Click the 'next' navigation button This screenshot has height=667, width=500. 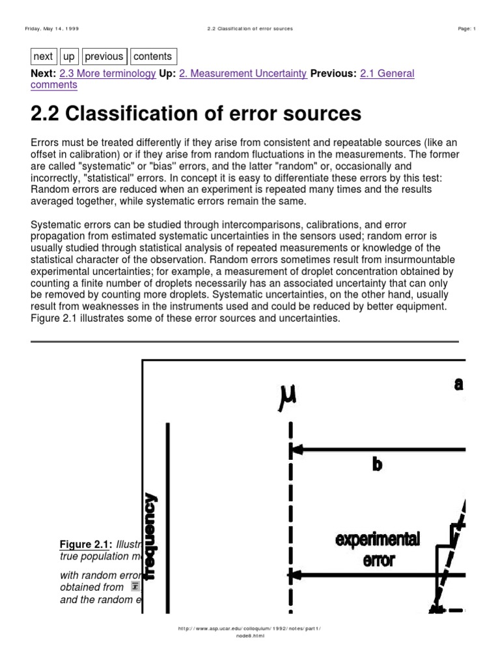(x=44, y=57)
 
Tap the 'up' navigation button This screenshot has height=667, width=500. (x=69, y=57)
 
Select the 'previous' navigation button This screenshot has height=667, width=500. (x=104, y=57)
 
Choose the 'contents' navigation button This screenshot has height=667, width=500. (x=153, y=57)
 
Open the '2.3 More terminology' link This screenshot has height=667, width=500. (x=107, y=74)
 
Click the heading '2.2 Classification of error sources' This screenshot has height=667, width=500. (x=195, y=114)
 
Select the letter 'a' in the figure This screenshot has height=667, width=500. (x=459, y=384)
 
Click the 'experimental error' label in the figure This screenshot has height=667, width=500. (x=378, y=548)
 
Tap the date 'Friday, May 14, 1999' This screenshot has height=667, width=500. (x=51, y=29)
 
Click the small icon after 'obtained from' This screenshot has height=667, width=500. (x=135, y=588)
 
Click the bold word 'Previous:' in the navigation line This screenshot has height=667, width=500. (x=333, y=74)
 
